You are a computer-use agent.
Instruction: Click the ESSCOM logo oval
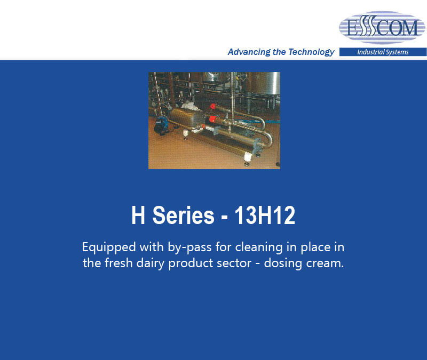coord(382,28)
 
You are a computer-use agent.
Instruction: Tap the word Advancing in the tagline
coord(249,52)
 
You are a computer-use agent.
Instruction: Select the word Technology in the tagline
coord(311,52)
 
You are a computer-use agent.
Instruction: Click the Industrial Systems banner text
coord(383,52)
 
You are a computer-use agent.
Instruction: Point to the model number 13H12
coord(265,215)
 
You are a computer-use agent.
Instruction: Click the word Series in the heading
coord(183,215)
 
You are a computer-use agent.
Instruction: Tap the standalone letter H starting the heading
coord(138,215)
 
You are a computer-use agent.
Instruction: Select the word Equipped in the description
coord(109,248)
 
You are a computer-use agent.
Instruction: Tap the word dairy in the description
coord(150,263)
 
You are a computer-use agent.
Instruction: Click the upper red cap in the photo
coord(213,106)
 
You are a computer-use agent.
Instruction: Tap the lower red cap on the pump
coord(211,118)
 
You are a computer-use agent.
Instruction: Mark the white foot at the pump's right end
coord(248,157)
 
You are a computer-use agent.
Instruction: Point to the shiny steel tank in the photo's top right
coord(263,84)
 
